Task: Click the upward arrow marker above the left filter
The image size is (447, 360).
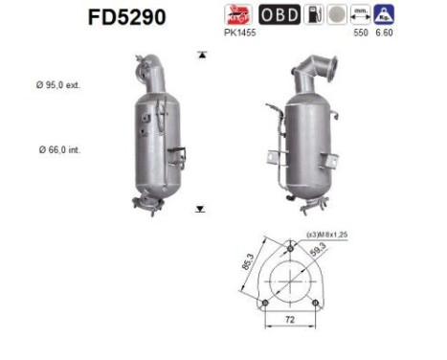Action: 200,56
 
